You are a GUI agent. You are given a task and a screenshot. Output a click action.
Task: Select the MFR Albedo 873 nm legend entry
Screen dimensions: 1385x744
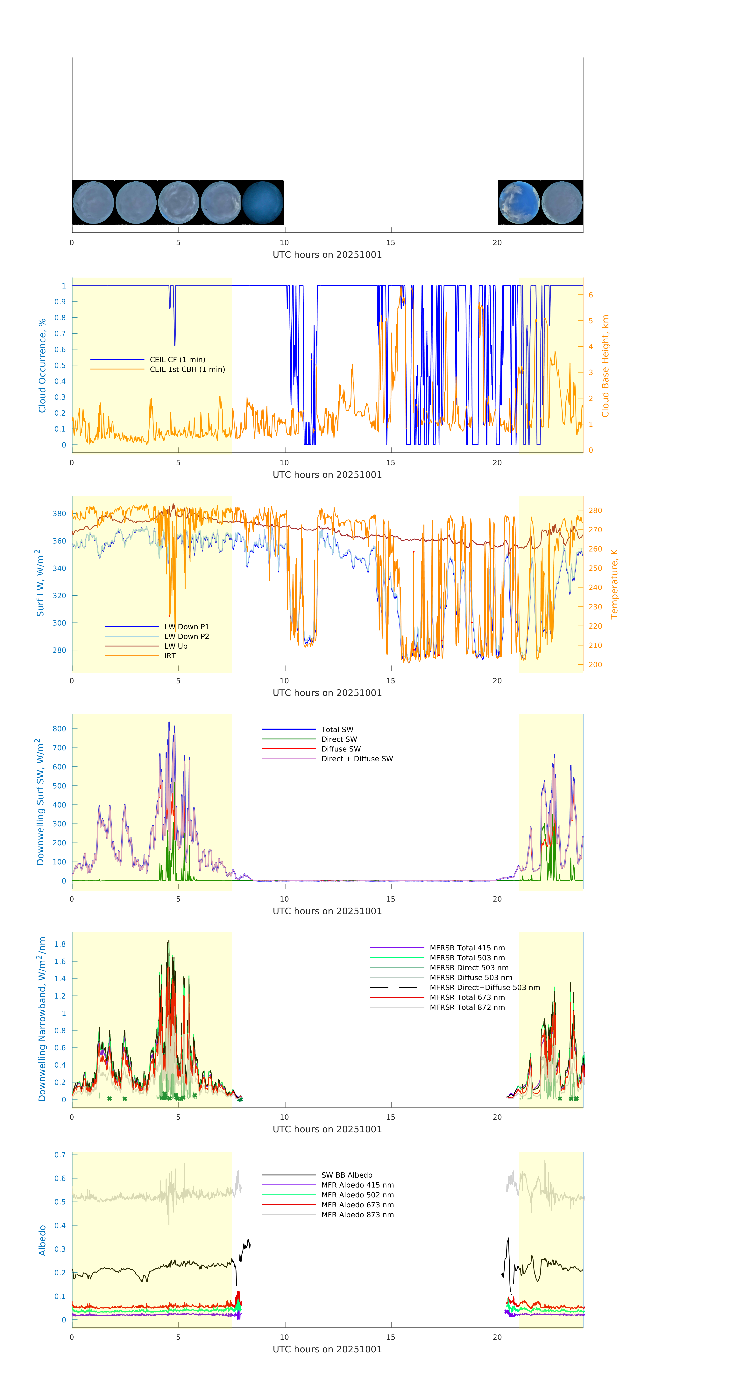[x=357, y=1215]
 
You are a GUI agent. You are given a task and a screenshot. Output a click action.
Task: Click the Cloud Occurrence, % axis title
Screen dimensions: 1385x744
[x=42, y=366]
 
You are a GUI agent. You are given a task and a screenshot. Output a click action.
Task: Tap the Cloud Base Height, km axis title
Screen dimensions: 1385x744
[x=605, y=366]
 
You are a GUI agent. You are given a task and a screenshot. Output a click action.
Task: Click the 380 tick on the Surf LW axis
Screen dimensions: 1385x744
[x=59, y=513]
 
